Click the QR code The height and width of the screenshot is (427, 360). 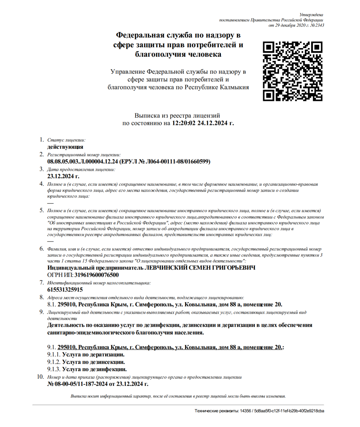[x=292, y=71]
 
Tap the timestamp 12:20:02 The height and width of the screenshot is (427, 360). [x=183, y=123]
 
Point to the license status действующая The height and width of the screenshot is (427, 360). [x=65, y=147]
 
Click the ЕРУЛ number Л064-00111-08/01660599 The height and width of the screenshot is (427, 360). [x=177, y=162]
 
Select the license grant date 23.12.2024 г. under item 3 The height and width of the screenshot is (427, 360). [x=63, y=176]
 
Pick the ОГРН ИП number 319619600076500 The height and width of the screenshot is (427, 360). [x=96, y=275]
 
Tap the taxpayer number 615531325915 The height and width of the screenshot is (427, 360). [x=65, y=290]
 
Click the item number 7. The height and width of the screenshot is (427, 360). [x=42, y=283]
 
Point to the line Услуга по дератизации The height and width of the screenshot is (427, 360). [x=93, y=355]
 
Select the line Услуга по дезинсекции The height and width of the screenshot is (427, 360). [x=94, y=362]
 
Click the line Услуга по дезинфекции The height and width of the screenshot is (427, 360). [x=94, y=369]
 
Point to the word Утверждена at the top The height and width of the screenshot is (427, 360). [x=311, y=15]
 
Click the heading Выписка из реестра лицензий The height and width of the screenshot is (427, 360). [x=177, y=116]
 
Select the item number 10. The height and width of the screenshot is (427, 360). [x=40, y=377]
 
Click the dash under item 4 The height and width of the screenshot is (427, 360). [x=50, y=203]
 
